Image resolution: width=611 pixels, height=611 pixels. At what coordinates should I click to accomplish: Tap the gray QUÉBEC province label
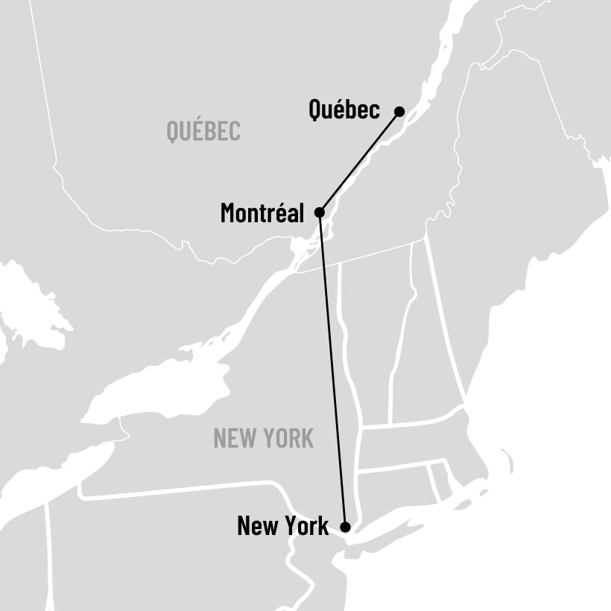(x=203, y=132)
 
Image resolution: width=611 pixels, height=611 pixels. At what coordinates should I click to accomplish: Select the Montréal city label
(x=262, y=214)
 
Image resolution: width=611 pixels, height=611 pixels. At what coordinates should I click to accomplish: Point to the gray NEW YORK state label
(x=263, y=438)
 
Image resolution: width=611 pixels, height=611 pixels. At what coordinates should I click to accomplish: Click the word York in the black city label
(x=303, y=527)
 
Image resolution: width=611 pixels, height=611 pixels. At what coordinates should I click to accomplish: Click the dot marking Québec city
(x=399, y=112)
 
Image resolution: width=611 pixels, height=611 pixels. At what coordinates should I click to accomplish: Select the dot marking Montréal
(x=320, y=212)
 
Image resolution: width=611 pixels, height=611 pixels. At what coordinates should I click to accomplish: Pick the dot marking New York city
(x=345, y=527)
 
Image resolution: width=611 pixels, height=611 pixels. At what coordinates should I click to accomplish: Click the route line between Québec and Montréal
(x=359, y=162)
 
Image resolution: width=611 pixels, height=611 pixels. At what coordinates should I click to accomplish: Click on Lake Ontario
(x=164, y=387)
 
